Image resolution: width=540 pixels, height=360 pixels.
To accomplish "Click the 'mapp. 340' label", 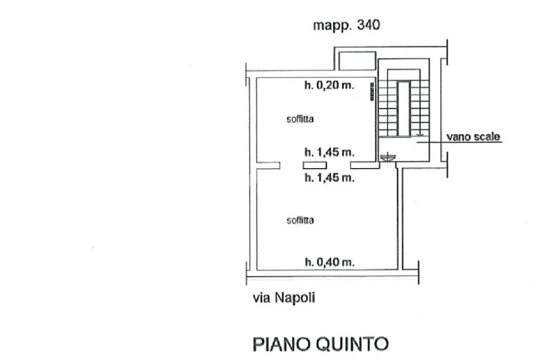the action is [346, 25].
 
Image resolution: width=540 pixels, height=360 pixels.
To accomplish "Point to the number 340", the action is [368, 25].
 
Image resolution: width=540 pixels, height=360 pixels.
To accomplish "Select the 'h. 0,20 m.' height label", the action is [330, 85].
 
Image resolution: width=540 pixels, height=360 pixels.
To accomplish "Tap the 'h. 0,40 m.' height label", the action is [330, 262].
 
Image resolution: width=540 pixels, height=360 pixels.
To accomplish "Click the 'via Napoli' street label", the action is [283, 298].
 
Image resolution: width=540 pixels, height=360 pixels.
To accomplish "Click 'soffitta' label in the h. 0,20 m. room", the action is [300, 119].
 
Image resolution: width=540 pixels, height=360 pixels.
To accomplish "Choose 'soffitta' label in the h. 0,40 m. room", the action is [300, 220].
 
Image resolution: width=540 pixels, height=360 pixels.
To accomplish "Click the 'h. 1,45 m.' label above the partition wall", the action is [330, 153].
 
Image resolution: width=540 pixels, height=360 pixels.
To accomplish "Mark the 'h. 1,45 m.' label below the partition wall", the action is [330, 178].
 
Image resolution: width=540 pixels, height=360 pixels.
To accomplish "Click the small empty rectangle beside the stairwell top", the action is [356, 61].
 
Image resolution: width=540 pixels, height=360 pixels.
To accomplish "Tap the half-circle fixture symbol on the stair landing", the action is [388, 155].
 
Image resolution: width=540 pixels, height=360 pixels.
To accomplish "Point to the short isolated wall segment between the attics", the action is [311, 166].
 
